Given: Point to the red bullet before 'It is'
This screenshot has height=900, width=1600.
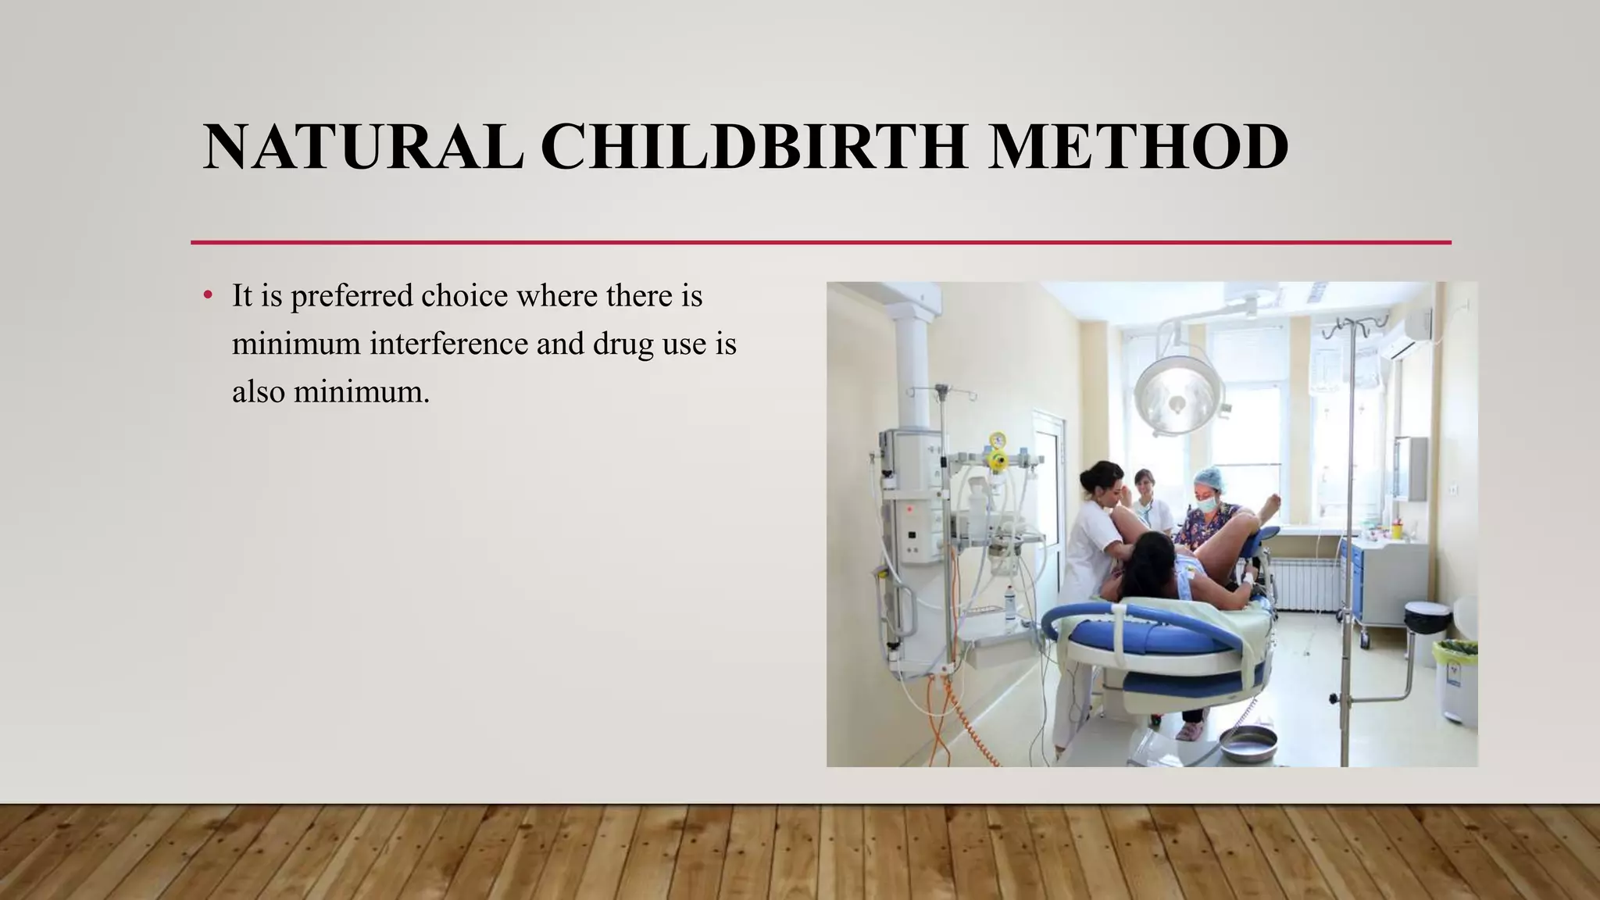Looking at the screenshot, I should [x=207, y=296].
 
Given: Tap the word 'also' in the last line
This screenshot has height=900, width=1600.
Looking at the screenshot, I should [x=259, y=391].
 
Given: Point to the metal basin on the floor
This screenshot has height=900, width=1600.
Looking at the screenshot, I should [x=1248, y=742].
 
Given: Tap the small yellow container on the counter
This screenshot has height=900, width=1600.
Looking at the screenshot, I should [x=1396, y=530].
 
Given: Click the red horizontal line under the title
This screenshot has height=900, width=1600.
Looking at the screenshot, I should [x=820, y=242].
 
